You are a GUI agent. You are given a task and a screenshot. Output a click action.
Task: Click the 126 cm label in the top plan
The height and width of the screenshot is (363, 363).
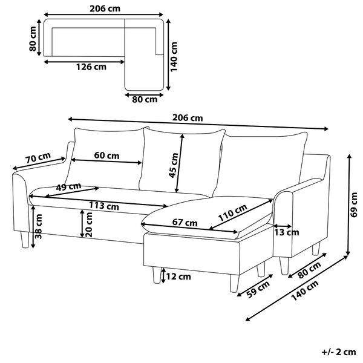[91, 67]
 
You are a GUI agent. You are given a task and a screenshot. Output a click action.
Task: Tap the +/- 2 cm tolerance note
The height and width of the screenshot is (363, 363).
[338, 352]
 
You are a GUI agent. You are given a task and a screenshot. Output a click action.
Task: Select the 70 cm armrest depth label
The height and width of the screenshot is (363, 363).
[38, 158]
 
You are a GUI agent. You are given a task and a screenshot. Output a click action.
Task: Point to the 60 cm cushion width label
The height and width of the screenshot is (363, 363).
[106, 155]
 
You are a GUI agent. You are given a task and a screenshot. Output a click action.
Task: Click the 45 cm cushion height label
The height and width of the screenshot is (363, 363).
[174, 165]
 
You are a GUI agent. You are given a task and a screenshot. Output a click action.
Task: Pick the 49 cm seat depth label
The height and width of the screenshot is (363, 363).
[68, 186]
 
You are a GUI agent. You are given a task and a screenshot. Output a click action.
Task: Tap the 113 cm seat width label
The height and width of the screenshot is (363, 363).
[104, 206]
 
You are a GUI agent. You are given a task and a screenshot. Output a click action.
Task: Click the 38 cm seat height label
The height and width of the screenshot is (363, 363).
[39, 226]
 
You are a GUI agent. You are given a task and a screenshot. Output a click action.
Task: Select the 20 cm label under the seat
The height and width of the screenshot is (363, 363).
[89, 224]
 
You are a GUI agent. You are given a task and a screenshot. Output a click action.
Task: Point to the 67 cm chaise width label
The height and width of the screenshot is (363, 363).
[185, 223]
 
